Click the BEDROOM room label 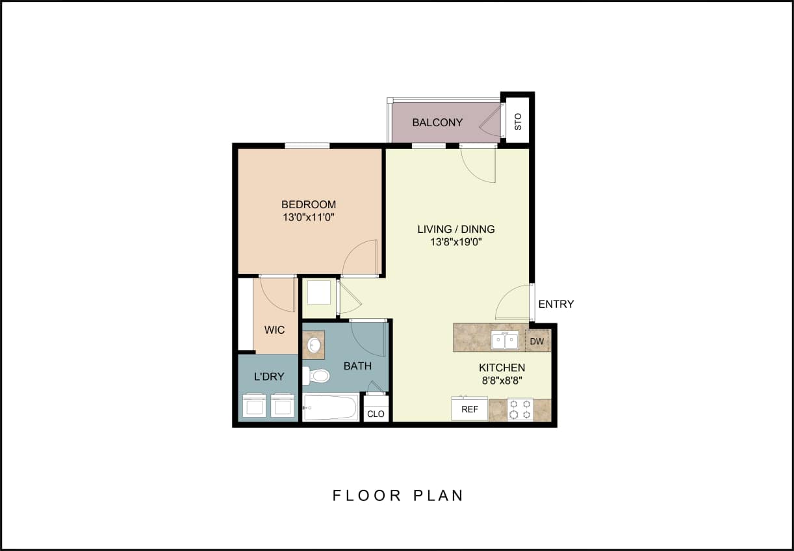click(x=309, y=204)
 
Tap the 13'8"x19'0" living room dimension click(x=455, y=242)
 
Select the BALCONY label click(x=437, y=122)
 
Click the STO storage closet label click(x=518, y=122)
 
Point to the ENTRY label click(x=556, y=304)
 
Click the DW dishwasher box click(x=537, y=341)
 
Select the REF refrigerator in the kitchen click(x=470, y=409)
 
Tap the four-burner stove click(x=520, y=409)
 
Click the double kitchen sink click(x=505, y=340)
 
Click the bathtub click(x=330, y=407)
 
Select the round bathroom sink click(x=314, y=344)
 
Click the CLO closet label click(x=376, y=414)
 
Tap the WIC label click(x=274, y=330)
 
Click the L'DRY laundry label click(x=268, y=377)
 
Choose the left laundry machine click(x=254, y=405)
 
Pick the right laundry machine click(x=282, y=405)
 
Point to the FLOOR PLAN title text click(x=398, y=495)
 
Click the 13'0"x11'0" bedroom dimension click(x=309, y=217)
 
